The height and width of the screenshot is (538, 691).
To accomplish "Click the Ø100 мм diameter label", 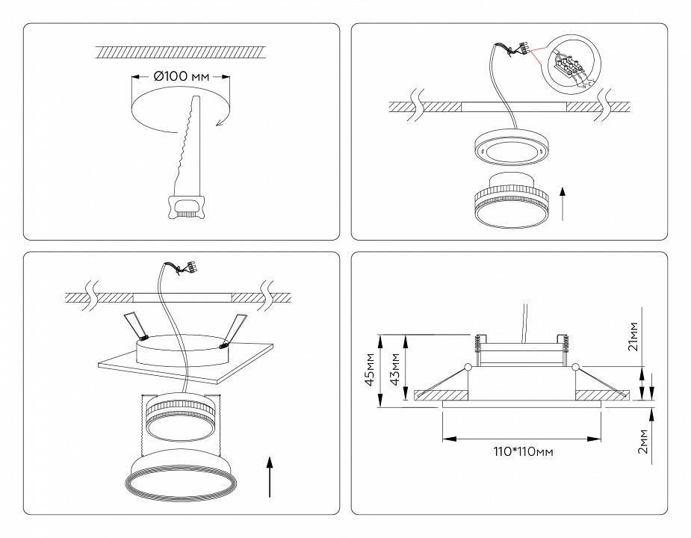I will pyautogui.click(x=181, y=76).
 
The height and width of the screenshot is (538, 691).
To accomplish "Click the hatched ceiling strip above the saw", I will pyautogui.click(x=181, y=52).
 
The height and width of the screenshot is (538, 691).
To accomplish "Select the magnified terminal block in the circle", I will pyautogui.click(x=569, y=69).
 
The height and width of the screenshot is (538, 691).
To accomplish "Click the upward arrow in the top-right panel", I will pyautogui.click(x=563, y=201).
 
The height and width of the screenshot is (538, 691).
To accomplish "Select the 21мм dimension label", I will pyautogui.click(x=633, y=337).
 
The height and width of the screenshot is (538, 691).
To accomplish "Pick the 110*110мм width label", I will pyautogui.click(x=523, y=451).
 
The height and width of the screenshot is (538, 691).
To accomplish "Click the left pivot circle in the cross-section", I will pyautogui.click(x=468, y=367).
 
